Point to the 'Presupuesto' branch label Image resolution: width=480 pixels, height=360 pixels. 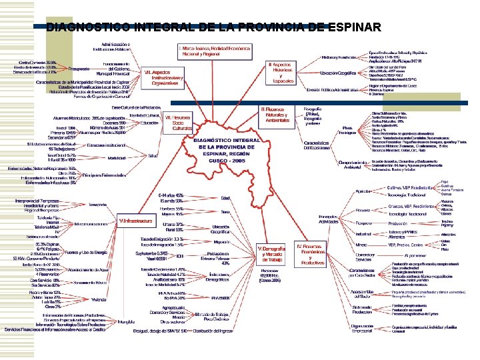[79, 69]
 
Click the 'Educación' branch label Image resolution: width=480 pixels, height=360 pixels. [149, 123]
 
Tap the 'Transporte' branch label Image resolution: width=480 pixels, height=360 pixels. [97, 203]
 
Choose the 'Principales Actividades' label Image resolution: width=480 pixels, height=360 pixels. [328, 219]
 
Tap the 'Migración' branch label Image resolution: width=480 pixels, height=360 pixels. [221, 242]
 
